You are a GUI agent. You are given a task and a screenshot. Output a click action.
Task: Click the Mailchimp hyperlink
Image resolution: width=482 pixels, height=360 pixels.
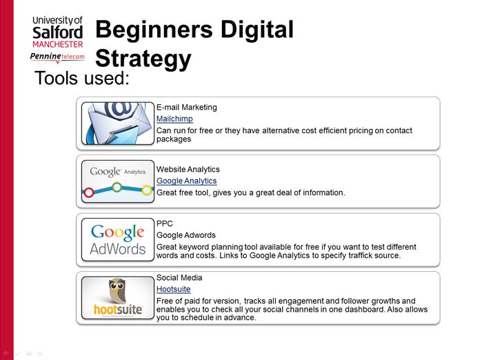tap(174, 119)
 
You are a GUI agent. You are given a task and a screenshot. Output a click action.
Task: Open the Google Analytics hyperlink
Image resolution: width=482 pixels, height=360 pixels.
tap(187, 181)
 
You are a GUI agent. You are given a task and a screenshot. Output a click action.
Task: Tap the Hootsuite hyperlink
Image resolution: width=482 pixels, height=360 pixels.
tap(173, 289)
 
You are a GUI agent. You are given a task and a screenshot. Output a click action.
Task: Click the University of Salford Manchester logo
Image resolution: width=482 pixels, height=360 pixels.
tap(58, 32)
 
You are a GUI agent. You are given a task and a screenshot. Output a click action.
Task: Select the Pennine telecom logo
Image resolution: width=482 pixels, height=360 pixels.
tap(57, 57)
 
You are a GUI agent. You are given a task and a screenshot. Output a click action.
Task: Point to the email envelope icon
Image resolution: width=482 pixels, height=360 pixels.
tap(118, 123)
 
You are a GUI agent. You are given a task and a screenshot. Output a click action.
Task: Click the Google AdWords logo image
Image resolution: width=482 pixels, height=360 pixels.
tap(118, 239)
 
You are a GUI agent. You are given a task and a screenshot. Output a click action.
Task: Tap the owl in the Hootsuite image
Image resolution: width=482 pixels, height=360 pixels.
tap(117, 291)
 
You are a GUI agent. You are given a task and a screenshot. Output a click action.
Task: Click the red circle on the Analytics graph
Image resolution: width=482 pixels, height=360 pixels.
tap(89, 192)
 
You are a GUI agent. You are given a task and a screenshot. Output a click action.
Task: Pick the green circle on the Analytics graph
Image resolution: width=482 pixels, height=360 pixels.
tap(117, 187)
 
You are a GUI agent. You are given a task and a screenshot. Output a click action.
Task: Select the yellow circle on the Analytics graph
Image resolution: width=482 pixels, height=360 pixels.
tap(147, 190)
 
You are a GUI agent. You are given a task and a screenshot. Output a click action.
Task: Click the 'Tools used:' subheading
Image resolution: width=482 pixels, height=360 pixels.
tap(82, 78)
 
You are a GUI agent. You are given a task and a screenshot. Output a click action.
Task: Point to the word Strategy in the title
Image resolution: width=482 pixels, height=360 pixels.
tap(143, 59)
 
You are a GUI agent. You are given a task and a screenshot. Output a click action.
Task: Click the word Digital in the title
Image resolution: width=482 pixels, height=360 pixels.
tap(257, 29)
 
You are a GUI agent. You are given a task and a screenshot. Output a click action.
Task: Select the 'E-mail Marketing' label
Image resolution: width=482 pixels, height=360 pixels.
tap(187, 108)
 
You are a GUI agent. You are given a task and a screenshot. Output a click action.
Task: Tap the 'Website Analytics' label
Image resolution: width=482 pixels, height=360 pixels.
tap(188, 170)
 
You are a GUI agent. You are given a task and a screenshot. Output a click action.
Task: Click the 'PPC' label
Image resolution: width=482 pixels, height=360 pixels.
tap(165, 223)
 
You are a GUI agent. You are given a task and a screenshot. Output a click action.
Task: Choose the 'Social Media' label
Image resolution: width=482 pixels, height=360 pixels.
tap(179, 278)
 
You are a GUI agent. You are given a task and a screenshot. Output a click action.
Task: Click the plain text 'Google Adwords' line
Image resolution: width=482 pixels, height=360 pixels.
tap(186, 235)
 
